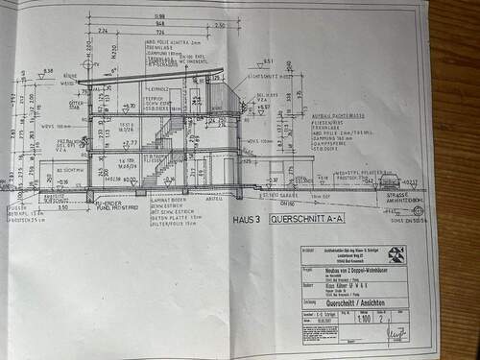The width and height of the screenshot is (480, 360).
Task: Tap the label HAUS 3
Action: (245, 219)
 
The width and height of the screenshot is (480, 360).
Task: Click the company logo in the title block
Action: (396, 254)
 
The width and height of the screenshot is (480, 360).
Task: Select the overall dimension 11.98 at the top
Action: (157, 15)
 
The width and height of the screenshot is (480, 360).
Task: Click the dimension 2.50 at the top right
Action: (221, 25)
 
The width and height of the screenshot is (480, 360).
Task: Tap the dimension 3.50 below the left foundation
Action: (63, 205)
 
